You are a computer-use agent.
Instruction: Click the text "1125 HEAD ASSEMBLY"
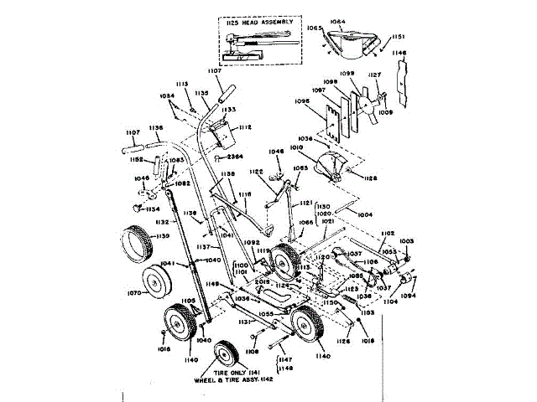click(x=260, y=22)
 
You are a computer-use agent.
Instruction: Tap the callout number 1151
click(x=397, y=37)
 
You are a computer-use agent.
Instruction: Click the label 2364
click(x=236, y=156)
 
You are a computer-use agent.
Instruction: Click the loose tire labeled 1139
click(x=133, y=245)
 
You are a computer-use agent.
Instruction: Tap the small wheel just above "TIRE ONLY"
click(x=227, y=353)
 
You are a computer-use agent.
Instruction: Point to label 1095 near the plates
click(x=303, y=100)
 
